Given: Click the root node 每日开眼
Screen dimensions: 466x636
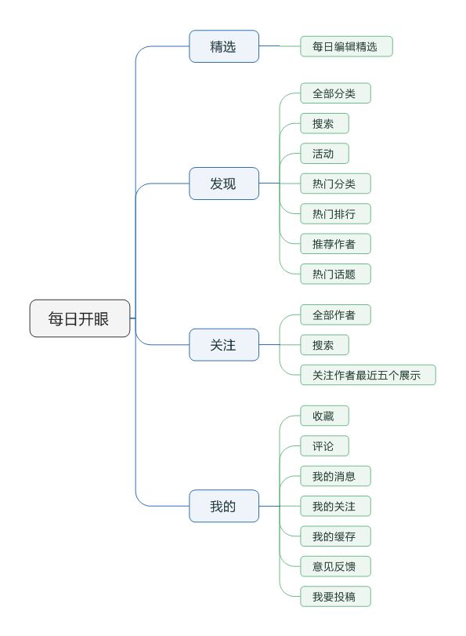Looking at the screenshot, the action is [x=80, y=318].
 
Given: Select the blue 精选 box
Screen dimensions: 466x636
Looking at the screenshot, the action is [x=224, y=46].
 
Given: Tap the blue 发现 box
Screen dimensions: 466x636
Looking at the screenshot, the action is [x=224, y=184].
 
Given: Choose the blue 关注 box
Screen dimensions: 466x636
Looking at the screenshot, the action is [x=224, y=345].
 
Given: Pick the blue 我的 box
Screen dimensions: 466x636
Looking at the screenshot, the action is [x=224, y=506].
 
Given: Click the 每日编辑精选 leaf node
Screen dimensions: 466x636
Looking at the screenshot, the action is [x=346, y=46].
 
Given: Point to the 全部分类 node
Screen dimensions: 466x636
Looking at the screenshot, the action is [x=335, y=93].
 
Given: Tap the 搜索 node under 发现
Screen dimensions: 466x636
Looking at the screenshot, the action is [x=324, y=123].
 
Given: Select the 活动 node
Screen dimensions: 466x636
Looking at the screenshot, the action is [x=324, y=154].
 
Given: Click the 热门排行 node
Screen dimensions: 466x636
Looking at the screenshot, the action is [x=335, y=214].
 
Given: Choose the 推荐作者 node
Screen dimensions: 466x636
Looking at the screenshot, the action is [x=335, y=244].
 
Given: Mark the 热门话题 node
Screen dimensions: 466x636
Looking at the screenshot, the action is [x=335, y=274].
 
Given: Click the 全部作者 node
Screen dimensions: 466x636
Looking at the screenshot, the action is [x=335, y=314].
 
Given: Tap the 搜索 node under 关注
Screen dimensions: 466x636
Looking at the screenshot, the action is [x=324, y=345].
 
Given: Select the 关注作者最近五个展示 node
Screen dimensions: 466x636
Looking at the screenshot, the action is [x=368, y=375].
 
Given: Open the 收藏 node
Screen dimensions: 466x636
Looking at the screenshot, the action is [x=324, y=416].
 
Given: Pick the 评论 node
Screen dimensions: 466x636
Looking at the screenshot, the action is [x=324, y=445].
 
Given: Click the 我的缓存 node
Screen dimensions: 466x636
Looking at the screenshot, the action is [x=335, y=536].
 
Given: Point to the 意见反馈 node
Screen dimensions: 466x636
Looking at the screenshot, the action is [x=335, y=566].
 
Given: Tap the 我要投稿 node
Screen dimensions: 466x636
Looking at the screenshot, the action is [x=335, y=596].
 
